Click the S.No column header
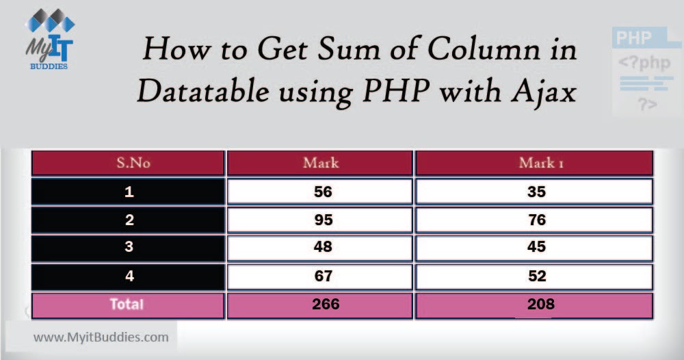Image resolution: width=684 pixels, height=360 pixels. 129,163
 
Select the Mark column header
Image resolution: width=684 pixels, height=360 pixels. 321,163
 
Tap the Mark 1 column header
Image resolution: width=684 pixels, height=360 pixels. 536,163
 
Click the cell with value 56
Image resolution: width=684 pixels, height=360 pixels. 322,192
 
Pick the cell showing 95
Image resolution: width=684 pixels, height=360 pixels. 322,220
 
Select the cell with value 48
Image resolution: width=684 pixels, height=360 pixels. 322,248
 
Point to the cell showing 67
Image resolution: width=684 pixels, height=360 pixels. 322,276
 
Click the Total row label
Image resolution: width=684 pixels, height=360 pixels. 128,305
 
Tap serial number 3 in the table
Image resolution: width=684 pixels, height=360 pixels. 129,248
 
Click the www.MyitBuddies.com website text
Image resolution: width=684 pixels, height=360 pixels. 101,337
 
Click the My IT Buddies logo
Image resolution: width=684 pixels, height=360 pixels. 49,40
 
